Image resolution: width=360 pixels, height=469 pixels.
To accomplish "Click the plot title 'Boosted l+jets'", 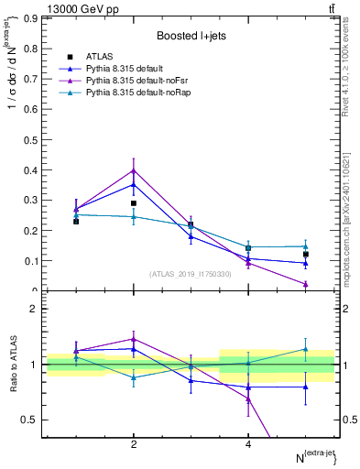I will pos(191,36).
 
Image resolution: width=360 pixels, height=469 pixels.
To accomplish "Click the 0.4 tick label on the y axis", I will pos(29,169).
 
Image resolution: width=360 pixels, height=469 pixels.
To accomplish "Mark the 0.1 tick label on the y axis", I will pos(29,260).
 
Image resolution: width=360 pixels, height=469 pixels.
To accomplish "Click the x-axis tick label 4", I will pos(248,444).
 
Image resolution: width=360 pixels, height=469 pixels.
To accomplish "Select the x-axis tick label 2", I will pos(134,444).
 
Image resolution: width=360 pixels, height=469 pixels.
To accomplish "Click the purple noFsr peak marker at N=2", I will pos(134,170).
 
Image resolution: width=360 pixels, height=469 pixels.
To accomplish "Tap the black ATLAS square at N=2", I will pos(134,203).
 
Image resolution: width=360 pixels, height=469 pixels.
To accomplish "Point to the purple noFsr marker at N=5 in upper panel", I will pos(306,284).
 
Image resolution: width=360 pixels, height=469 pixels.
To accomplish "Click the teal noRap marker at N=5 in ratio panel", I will pos(306,349).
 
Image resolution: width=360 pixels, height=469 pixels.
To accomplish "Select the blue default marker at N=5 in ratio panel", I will pos(306,387).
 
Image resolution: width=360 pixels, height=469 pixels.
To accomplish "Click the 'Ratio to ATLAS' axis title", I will pos(12,365).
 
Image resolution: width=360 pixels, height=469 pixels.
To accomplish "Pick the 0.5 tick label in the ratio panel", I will pos(29,420).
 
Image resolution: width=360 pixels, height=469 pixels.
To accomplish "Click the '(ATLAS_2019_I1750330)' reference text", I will pos(191,274).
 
